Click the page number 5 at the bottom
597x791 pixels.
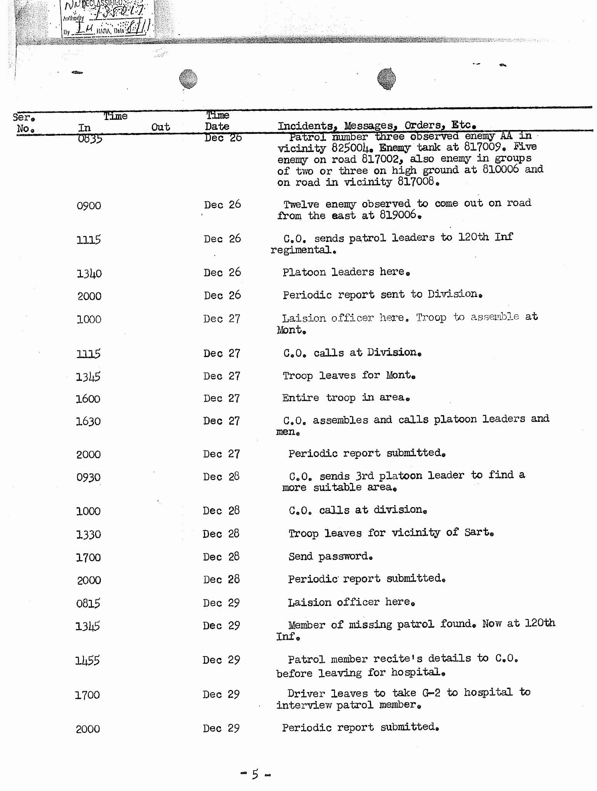coord(255,774)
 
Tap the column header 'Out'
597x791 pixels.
coord(161,127)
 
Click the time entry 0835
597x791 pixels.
coord(90,139)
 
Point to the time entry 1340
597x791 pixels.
coord(89,274)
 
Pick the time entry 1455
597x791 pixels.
coord(87,661)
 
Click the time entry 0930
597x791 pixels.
coord(88,477)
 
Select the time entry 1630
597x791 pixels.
coord(88,421)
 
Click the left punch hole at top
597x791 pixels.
coord(188,79)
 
